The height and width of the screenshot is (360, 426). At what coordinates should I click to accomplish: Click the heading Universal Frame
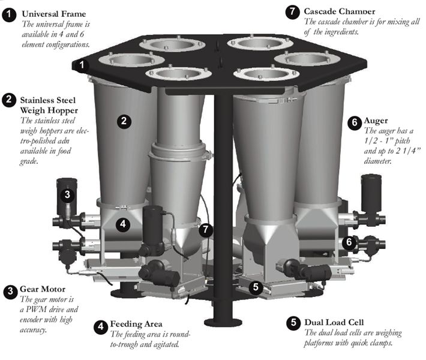click(x=53, y=13)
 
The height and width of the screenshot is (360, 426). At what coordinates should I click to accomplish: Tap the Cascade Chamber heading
click(x=340, y=11)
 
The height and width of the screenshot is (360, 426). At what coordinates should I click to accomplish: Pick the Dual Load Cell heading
click(x=335, y=321)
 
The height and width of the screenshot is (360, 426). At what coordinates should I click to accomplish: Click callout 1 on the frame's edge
click(x=82, y=64)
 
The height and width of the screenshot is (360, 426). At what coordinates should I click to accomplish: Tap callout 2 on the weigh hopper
click(x=123, y=121)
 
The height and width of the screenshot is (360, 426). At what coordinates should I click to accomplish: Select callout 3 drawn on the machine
click(x=67, y=194)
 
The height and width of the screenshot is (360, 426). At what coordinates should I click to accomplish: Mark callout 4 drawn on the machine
click(x=122, y=224)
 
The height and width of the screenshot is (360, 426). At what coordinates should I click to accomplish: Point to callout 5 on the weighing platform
click(x=256, y=287)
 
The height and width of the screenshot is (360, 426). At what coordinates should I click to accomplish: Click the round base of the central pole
click(x=223, y=322)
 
